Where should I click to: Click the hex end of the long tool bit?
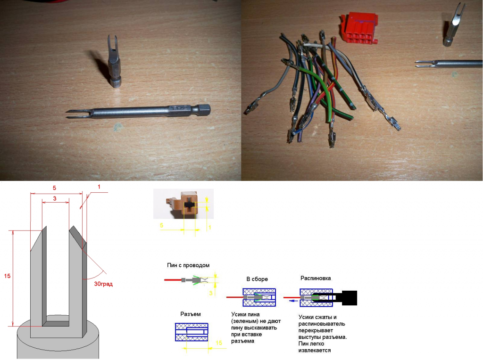click(205, 108)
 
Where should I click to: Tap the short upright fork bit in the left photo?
click(114, 61)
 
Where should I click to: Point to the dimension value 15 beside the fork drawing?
click(7, 276)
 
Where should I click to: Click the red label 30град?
click(103, 284)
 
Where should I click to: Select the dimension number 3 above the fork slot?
click(55, 198)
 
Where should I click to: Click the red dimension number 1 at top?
click(99, 187)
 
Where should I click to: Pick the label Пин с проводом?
click(188, 265)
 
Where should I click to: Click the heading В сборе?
click(257, 279)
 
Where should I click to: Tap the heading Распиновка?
click(316, 278)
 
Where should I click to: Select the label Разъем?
click(191, 314)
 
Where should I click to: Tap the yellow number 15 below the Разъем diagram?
click(219, 343)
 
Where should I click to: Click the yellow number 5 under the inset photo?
click(161, 225)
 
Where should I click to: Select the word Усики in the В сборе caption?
click(239, 314)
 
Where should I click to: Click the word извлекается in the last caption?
click(315, 350)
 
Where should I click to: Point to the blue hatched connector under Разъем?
click(192, 332)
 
